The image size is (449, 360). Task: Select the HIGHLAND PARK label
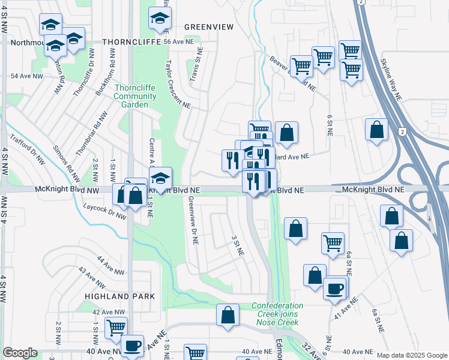point(119,296)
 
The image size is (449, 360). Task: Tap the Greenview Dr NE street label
point(193,221)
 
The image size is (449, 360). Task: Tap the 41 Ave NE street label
point(346,307)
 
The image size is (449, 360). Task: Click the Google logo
point(20,353)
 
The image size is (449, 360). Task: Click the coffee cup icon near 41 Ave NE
point(335,289)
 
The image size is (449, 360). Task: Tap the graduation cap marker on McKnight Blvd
point(160,178)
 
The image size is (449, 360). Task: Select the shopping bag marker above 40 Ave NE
point(228,314)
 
